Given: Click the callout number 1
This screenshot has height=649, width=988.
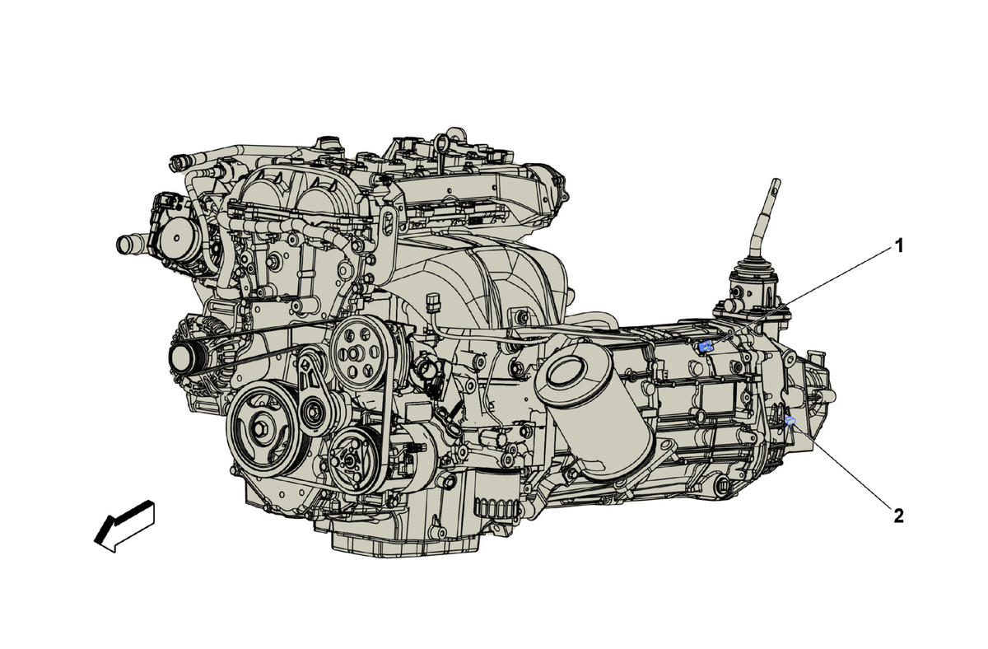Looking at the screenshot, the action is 898,245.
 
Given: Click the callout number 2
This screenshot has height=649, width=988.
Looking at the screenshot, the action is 898,516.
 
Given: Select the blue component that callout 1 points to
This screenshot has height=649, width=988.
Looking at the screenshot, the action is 706,346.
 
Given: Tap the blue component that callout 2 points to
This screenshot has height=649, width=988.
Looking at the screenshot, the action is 790,420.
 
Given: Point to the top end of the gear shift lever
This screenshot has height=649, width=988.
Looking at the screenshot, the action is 776,182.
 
